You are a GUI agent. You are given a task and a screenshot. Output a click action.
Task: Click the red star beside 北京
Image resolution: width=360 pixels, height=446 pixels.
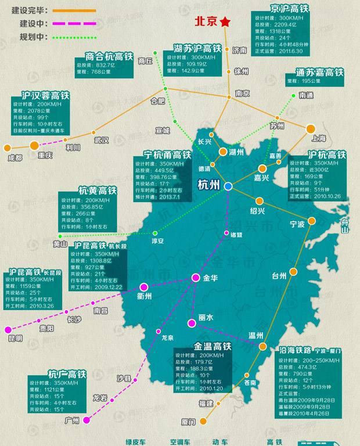tap(225, 22)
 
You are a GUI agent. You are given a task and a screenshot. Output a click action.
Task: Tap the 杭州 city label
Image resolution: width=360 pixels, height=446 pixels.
tap(208, 186)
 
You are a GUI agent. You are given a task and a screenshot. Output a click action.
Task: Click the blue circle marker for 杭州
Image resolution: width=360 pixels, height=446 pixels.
tap(228, 186)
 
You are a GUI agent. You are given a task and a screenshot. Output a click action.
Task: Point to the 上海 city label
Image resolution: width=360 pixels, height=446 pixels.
tap(319, 138)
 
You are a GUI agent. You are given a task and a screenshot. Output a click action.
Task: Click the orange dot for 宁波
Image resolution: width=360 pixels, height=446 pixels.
tap(312, 221)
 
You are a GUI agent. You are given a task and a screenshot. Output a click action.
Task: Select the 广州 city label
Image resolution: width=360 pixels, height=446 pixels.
tap(73, 420)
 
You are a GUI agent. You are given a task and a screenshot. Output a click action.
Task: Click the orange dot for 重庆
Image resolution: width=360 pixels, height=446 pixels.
tap(34, 145)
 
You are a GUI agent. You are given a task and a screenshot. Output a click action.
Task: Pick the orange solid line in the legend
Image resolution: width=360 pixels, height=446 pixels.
tap(74, 10)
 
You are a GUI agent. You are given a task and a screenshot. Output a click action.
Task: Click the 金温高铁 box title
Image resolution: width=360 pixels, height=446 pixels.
tap(213, 347)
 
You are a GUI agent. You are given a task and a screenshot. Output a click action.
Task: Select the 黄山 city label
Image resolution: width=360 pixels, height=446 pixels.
tap(60, 244)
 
